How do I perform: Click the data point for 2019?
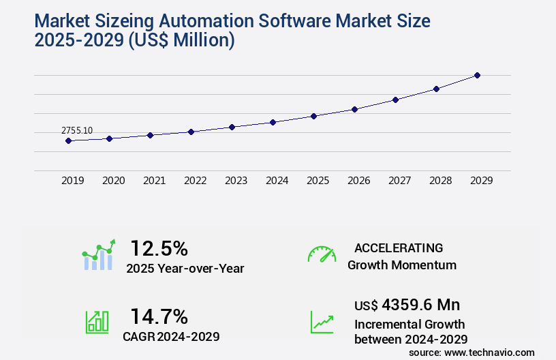[x=68, y=141]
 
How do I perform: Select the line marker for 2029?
[x=477, y=75]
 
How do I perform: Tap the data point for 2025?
[x=313, y=116]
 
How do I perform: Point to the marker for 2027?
[x=395, y=100]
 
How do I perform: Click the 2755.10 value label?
[x=77, y=130]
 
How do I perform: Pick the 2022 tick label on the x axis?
[x=195, y=181]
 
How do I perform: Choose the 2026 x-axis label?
[x=358, y=181]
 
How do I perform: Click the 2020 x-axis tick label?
[x=113, y=181]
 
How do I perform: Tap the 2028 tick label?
[x=440, y=181]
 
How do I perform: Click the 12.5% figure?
[x=159, y=248]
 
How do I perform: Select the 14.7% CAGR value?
[x=159, y=316]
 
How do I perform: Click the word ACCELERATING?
[x=399, y=248]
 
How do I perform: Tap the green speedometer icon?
[x=322, y=254]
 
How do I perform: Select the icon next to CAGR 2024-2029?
[x=97, y=322]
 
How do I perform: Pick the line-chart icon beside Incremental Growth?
[x=322, y=322]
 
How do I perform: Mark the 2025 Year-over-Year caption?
[x=185, y=269]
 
